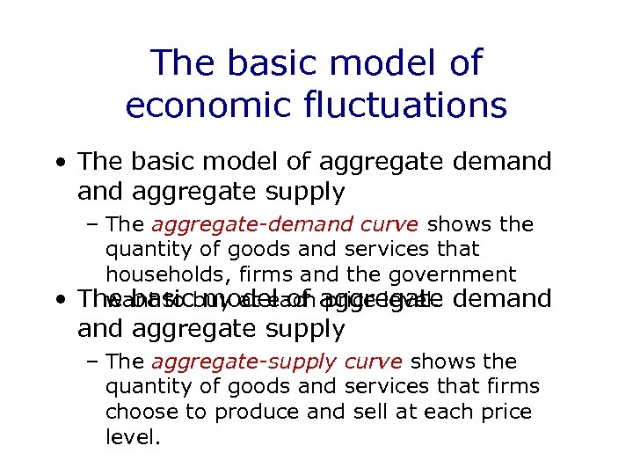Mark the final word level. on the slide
pyautogui.click(x=133, y=436)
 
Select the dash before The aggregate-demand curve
pyautogui.click(x=93, y=225)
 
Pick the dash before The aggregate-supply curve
pyautogui.click(x=93, y=362)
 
